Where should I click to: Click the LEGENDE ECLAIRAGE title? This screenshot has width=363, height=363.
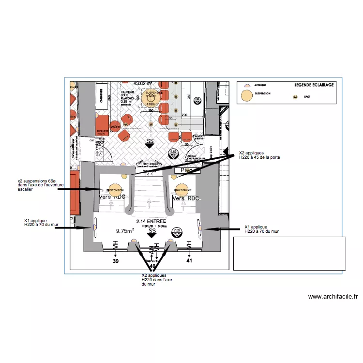(314, 85)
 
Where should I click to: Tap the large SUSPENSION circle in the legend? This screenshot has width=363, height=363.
(247, 95)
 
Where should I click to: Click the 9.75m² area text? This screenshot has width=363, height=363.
(125, 231)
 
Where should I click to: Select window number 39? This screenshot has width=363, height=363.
(115, 261)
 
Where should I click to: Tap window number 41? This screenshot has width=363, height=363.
(189, 261)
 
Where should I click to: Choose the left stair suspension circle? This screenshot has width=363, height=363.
(115, 190)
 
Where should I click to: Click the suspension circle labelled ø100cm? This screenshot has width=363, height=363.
(152, 97)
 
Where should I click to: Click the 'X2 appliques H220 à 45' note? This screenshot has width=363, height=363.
(259, 155)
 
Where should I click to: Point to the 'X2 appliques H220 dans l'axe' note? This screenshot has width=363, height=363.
(154, 279)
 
